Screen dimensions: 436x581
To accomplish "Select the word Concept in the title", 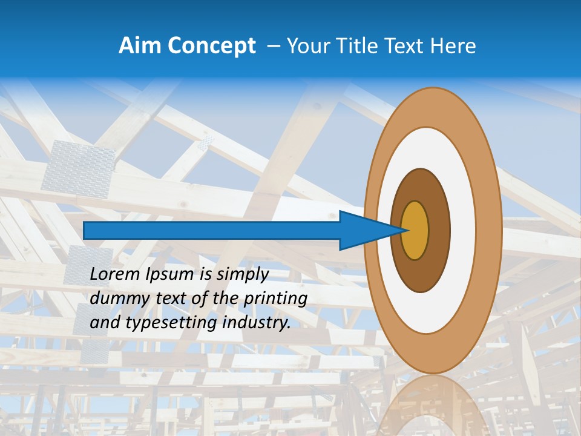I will pos(209,46).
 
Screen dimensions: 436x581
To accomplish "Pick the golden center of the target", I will pos(415,231).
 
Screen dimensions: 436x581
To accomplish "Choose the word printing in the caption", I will pos(275,299).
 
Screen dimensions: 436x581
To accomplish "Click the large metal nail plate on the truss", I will pos(79,165).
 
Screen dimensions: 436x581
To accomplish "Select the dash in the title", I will pos(273,46).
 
